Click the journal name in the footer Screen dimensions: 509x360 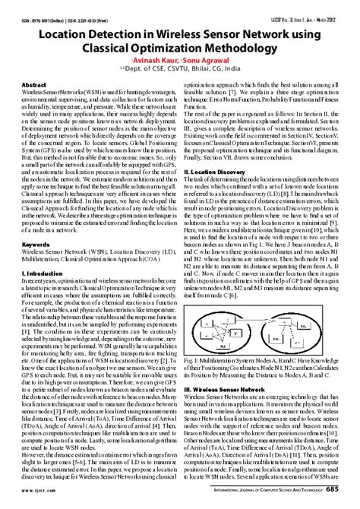266,491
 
